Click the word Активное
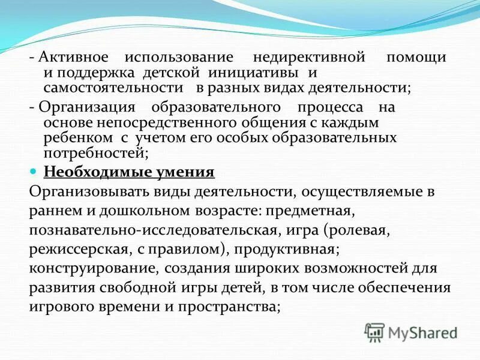pos(73,58)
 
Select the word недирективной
pos(310,58)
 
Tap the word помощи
pos(416,58)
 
